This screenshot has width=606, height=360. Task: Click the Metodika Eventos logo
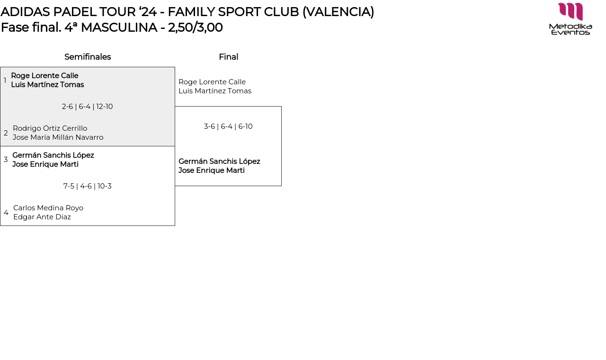tap(570, 19)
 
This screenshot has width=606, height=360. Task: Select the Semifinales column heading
tap(88, 57)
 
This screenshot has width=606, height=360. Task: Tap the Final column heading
tap(228, 57)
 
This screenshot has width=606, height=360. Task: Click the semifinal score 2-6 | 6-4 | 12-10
tap(88, 107)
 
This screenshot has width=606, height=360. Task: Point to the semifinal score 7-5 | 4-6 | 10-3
tap(88, 186)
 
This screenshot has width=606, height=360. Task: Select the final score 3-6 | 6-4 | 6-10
tap(228, 126)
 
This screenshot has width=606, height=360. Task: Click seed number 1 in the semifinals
tap(5, 81)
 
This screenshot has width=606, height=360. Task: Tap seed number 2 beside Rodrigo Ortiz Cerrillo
tap(6, 133)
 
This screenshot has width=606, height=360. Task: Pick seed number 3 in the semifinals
tap(6, 160)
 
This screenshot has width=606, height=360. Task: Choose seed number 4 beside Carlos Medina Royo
tap(6, 213)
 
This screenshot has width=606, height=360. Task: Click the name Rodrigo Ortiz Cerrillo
tap(50, 128)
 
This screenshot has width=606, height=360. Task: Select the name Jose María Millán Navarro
tap(58, 137)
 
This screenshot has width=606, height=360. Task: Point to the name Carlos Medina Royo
tap(48, 208)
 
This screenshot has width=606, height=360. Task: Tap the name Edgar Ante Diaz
tap(42, 217)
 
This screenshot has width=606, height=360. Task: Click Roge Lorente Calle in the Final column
tap(212, 82)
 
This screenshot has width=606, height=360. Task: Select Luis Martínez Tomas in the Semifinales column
tap(47, 85)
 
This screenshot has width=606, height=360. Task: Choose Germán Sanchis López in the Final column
tap(219, 162)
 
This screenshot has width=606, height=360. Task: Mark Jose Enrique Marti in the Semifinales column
tap(45, 164)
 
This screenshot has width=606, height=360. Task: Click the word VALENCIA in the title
tap(339, 12)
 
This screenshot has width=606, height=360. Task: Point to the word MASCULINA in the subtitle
tap(119, 27)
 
